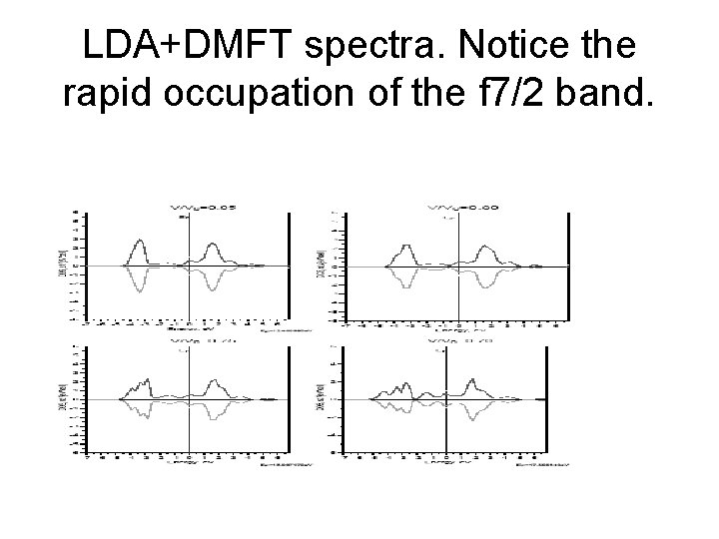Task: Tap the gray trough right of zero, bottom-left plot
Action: pos(213,414)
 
